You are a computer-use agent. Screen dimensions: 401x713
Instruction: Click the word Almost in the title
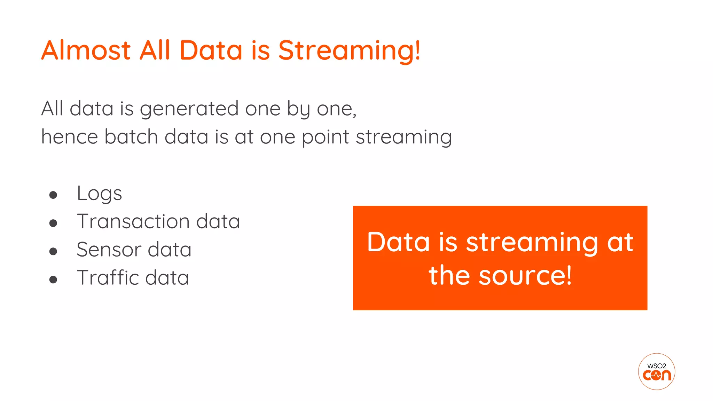(86, 50)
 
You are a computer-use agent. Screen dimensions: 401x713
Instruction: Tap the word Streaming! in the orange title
(349, 51)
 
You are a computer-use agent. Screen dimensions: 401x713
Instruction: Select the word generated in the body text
(189, 109)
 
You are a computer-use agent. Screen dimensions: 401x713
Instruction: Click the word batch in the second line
(131, 136)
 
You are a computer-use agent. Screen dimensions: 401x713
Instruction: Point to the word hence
(70, 136)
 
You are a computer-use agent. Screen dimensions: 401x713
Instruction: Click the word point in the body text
(325, 137)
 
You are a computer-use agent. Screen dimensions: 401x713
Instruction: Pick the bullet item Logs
(99, 194)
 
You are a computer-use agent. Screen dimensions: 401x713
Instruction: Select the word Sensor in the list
(109, 250)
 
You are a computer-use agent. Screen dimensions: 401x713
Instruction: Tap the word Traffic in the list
(108, 278)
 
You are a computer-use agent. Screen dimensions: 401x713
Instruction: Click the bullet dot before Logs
(53, 195)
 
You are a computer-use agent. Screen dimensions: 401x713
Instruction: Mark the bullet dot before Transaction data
(53, 223)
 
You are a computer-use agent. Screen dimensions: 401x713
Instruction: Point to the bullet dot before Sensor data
(53, 251)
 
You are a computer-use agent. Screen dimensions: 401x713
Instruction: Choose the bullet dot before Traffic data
(53, 280)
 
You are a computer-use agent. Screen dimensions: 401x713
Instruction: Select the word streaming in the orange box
(532, 243)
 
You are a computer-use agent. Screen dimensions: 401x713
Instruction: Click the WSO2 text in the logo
(657, 366)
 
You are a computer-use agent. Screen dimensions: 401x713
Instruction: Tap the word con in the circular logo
(657, 375)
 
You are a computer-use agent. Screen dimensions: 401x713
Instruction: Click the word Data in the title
(211, 50)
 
